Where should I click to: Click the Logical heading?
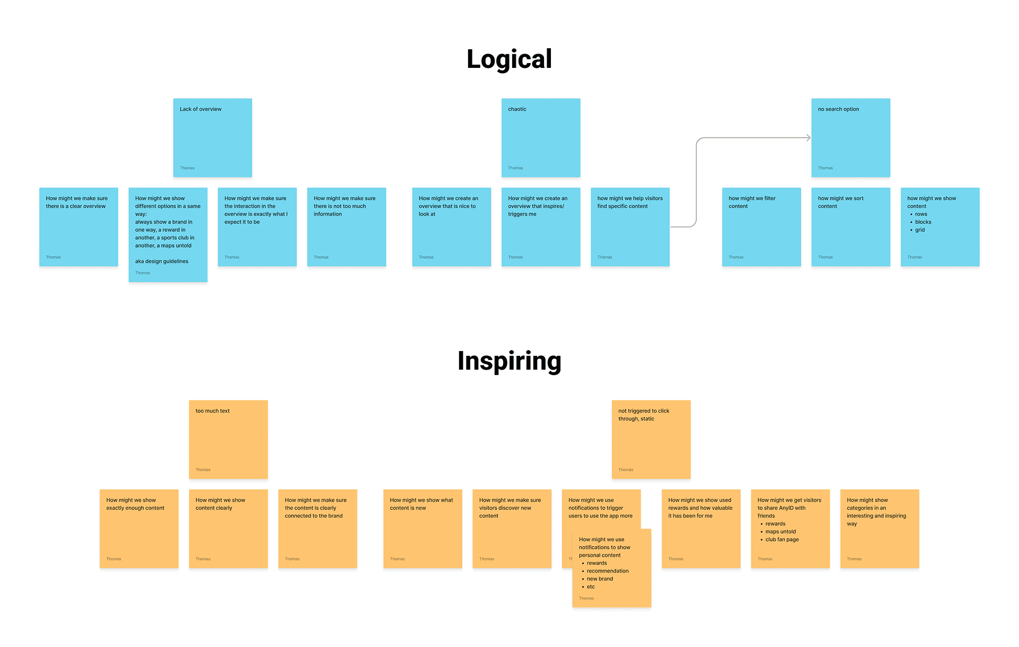click(x=509, y=59)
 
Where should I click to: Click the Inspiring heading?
click(x=509, y=361)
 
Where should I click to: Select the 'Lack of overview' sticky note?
click(x=212, y=137)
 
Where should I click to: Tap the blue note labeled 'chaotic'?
click(x=540, y=137)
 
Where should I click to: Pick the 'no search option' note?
click(x=850, y=137)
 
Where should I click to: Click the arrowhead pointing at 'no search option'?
click(x=808, y=138)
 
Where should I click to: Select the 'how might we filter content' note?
click(x=761, y=226)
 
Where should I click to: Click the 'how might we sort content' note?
click(x=850, y=226)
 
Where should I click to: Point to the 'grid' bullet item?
click(x=920, y=230)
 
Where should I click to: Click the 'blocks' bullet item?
click(x=923, y=222)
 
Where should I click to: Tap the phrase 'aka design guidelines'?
click(x=161, y=261)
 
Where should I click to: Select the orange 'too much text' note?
click(x=228, y=439)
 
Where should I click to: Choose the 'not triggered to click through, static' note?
click(x=651, y=439)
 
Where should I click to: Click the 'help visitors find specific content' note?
click(x=630, y=226)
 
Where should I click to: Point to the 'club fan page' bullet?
click(x=782, y=540)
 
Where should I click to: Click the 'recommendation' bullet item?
click(x=608, y=571)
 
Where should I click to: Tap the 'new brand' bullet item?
click(x=600, y=579)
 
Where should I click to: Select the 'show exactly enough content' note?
click(x=139, y=528)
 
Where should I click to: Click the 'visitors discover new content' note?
click(x=512, y=528)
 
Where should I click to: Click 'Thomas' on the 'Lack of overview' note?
click(x=187, y=168)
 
